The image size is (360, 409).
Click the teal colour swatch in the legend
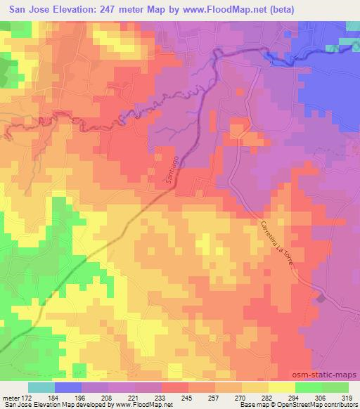coord(41,387)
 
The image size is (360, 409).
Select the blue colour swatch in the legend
coord(68,387)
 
